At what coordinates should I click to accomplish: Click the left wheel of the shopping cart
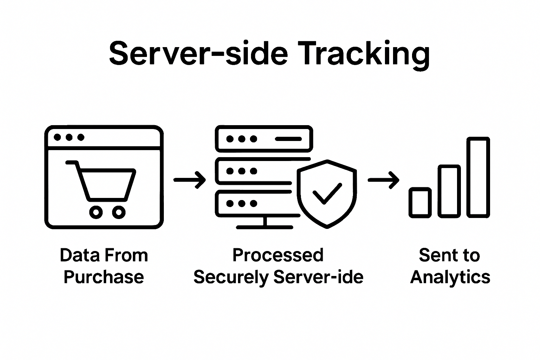point(96,212)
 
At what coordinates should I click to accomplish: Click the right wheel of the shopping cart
point(119,212)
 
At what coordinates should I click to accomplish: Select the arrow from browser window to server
point(190,180)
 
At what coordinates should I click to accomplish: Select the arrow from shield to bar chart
point(384,180)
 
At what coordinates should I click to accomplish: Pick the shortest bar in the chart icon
point(420,202)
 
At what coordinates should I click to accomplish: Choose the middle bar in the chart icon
point(449,191)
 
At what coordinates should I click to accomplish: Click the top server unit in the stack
point(264,139)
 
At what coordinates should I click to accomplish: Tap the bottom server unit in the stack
point(253,204)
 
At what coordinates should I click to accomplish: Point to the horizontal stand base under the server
point(264,227)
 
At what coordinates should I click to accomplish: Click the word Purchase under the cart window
point(104,277)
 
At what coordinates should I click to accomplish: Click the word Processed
point(278,255)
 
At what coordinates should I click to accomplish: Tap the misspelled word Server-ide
point(318,277)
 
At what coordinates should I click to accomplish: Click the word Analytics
point(450,277)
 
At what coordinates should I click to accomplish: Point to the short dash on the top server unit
point(288,139)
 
